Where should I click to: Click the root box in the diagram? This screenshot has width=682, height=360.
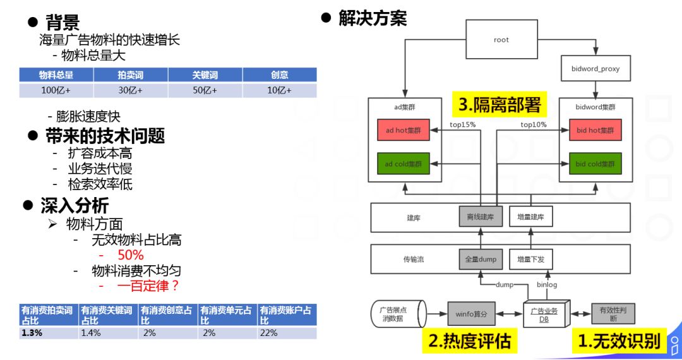click(501, 40)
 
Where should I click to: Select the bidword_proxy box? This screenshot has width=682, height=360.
click(595, 68)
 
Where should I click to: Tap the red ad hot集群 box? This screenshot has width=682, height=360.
click(403, 131)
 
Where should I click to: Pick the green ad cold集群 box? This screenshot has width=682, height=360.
click(403, 164)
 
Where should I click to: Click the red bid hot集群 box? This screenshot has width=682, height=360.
click(595, 131)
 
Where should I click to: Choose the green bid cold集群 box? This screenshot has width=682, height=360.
click(595, 164)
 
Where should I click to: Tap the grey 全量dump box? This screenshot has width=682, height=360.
click(481, 258)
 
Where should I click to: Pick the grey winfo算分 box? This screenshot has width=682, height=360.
click(472, 313)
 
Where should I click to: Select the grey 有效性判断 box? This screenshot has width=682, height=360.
click(613, 313)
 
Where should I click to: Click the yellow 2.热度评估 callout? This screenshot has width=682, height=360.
click(469, 341)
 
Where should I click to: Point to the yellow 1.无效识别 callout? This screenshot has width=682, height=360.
click(619, 341)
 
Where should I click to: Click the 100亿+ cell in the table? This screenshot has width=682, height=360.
click(56, 90)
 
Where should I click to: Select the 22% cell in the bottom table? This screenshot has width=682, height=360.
click(286, 333)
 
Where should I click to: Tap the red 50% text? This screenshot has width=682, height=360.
click(131, 255)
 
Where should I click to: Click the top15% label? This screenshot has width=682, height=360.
click(462, 124)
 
